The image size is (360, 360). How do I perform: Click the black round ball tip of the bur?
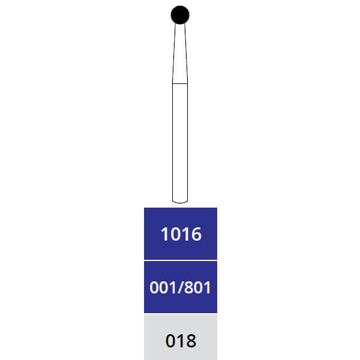tap(180, 14)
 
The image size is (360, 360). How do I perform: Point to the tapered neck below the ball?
tap(180, 54)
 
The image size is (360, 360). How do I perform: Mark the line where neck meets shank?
tap(180, 83)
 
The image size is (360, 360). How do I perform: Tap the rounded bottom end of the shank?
tap(180, 200)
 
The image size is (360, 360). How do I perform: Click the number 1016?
tap(181, 234)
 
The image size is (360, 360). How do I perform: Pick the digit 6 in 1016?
tap(196, 234)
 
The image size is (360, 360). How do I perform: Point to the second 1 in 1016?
tap(185, 234)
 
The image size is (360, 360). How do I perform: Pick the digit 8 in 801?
tap(189, 287)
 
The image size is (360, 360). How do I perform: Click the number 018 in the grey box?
tap(181, 341)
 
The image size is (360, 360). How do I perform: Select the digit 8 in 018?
tap(191, 341)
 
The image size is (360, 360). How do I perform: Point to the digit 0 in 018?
tap(170, 341)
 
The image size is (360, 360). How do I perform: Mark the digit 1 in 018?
tap(181, 341)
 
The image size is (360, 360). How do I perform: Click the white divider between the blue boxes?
tap(180, 260)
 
